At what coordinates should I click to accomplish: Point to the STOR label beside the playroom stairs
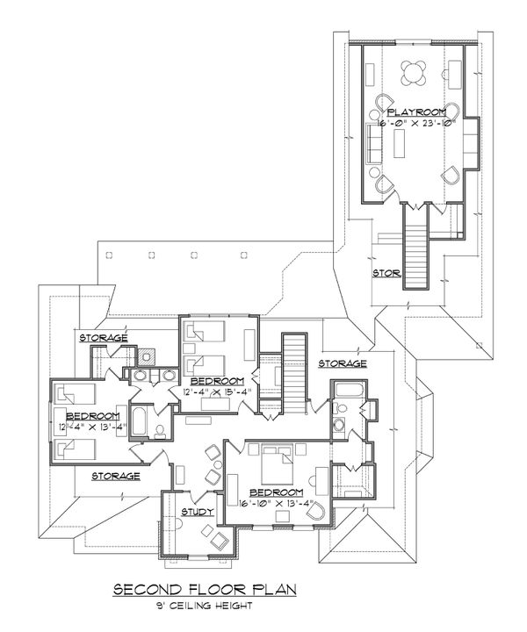click(x=386, y=274)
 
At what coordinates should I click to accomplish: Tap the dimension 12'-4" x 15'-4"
click(x=220, y=391)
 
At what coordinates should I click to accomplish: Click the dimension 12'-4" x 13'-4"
click(x=90, y=428)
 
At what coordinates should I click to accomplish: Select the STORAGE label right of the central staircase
click(x=342, y=363)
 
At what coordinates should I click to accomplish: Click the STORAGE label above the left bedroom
click(x=104, y=338)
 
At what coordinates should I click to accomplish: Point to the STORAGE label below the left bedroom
click(x=114, y=476)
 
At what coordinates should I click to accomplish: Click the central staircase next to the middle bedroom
click(x=292, y=369)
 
